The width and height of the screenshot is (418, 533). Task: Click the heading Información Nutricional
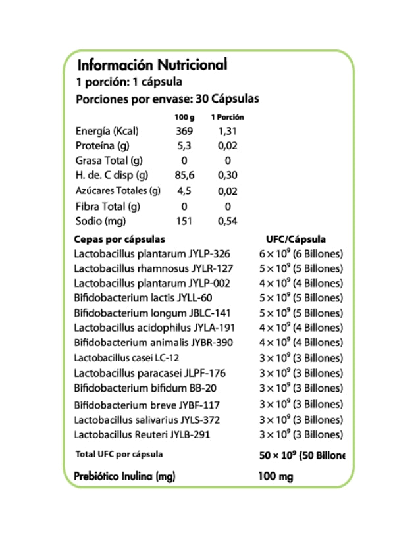[x=152, y=65]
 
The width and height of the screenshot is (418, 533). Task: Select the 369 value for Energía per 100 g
[x=184, y=132]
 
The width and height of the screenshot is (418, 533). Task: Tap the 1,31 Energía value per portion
[x=227, y=132]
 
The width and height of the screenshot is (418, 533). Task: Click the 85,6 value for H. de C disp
[x=184, y=176]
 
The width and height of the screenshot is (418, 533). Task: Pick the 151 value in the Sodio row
[x=184, y=221]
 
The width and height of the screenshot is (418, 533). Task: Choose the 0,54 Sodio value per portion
[x=227, y=221]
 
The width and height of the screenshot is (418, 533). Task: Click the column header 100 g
[x=184, y=117]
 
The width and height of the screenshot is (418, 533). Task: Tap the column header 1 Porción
[x=227, y=117]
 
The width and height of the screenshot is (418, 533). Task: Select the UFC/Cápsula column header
[x=296, y=240]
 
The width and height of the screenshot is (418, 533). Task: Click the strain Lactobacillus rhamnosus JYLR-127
[x=153, y=268]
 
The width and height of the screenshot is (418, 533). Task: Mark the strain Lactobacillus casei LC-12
[x=127, y=358]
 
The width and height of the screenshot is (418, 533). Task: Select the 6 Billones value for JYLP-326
[x=301, y=254]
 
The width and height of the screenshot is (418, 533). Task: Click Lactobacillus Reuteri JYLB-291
[x=144, y=435]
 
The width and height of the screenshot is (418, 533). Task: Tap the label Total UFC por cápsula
[x=120, y=454]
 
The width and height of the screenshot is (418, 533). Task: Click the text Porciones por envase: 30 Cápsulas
[x=168, y=99]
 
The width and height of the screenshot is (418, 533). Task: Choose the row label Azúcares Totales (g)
[x=118, y=191]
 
